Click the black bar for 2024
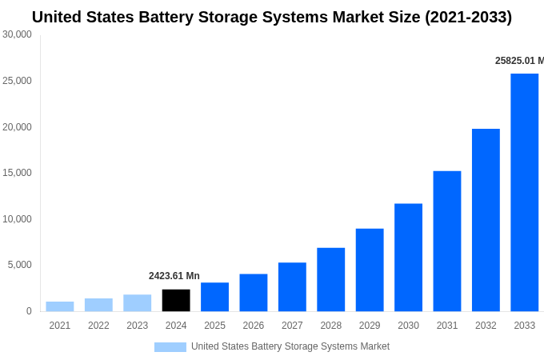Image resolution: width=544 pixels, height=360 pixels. click(x=176, y=300)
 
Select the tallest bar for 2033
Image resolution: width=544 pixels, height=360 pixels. click(x=524, y=192)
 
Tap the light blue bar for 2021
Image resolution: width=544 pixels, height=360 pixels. click(x=60, y=306)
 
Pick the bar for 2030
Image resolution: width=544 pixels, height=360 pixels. click(x=408, y=257)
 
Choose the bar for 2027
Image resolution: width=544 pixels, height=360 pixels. click(x=292, y=286)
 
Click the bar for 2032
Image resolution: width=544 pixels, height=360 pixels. click(x=486, y=220)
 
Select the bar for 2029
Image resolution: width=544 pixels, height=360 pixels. click(x=370, y=270)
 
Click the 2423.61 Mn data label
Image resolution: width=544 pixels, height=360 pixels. click(x=174, y=276)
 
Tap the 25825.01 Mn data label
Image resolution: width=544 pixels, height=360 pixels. click(x=519, y=61)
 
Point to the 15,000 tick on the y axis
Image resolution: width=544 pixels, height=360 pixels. click(x=18, y=173)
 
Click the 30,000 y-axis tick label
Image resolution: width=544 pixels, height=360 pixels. click(x=18, y=34)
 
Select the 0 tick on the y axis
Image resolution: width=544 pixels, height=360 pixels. click(x=29, y=311)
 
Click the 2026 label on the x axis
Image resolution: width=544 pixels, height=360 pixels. click(x=254, y=326)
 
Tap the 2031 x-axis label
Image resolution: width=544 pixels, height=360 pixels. click(x=447, y=326)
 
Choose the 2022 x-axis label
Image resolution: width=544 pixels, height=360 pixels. click(x=98, y=326)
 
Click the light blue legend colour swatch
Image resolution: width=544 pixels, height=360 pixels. click(x=170, y=347)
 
